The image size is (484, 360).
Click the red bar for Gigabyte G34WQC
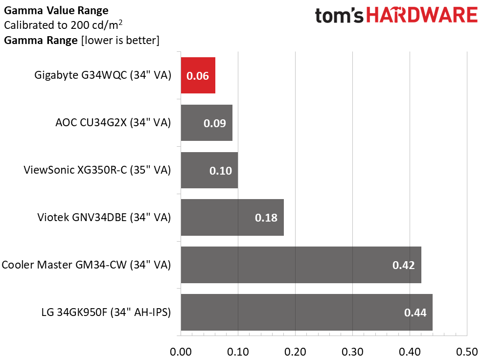[198, 75]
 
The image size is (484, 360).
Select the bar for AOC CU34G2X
[207, 123]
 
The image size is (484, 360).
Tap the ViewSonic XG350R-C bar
[209, 170]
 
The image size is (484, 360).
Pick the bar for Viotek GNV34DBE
[232, 218]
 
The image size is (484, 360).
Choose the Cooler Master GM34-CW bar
[301, 265]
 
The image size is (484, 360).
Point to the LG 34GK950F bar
[306, 312]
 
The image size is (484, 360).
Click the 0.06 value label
[198, 76]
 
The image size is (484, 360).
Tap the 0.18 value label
[266, 218]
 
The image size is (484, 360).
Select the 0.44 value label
[415, 313]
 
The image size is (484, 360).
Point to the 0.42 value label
[403, 265]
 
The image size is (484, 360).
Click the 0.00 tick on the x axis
[181, 352]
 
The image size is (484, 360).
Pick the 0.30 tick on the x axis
[352, 352]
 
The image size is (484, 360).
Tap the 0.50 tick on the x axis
[467, 352]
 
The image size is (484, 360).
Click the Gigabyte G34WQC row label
[102, 75]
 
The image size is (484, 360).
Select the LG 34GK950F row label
[106, 312]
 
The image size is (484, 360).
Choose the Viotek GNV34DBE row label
[104, 218]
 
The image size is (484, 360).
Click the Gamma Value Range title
[56, 11]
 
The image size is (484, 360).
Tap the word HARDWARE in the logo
[422, 15]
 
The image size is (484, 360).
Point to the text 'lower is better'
[120, 41]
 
